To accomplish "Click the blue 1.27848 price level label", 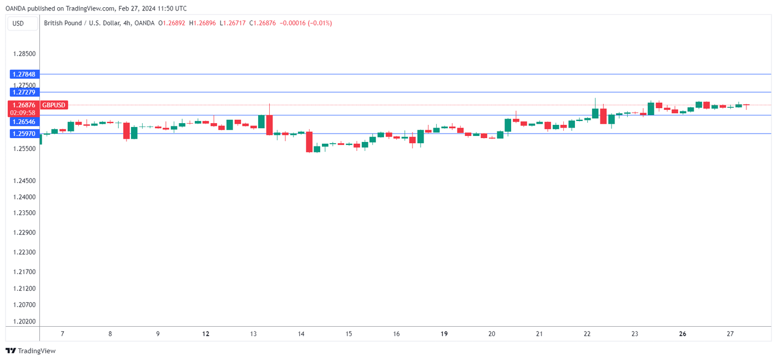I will click(x=23, y=74).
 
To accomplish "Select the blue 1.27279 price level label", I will click(x=23, y=92).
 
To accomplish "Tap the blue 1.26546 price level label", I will click(x=23, y=121).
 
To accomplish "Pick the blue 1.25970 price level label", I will click(x=23, y=134).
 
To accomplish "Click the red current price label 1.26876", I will click(x=23, y=105).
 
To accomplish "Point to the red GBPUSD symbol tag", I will click(x=54, y=105).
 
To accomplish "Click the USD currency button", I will click(x=19, y=23).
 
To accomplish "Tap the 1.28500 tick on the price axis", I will click(x=24, y=54).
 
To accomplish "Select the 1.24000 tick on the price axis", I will click(x=24, y=197).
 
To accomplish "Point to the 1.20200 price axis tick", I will click(x=24, y=321).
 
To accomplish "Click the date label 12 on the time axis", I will click(x=206, y=334).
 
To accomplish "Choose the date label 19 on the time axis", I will click(x=444, y=334).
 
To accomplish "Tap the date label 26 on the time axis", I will click(x=683, y=334).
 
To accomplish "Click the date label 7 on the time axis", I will click(x=63, y=334).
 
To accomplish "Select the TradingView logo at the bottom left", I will click(x=31, y=351).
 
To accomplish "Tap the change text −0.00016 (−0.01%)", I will click(x=305, y=23).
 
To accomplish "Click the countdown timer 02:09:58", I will click(x=23, y=113).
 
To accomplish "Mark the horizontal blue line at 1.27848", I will click(x=389, y=74).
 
